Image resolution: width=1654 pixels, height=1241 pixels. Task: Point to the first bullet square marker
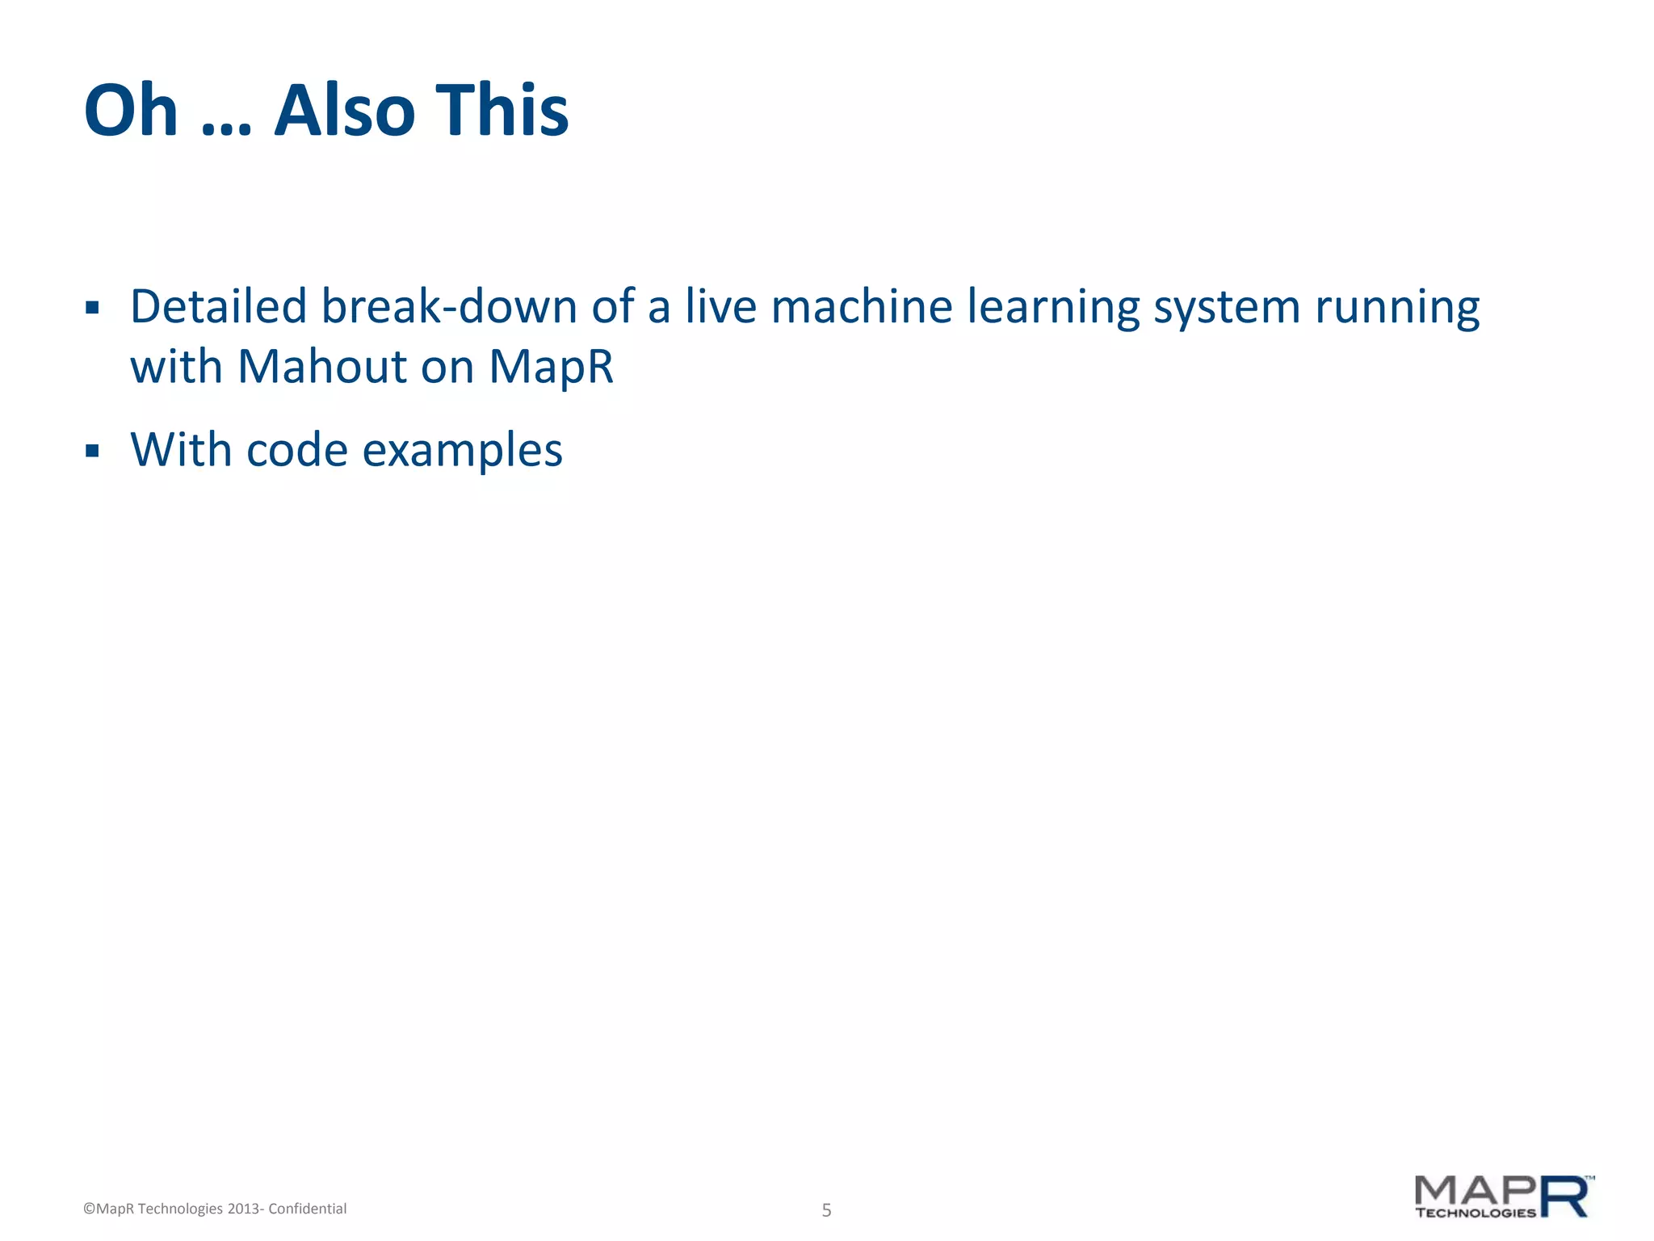[x=92, y=308]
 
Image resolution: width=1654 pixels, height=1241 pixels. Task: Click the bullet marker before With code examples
[x=92, y=451]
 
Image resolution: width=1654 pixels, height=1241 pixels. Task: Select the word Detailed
[x=218, y=307]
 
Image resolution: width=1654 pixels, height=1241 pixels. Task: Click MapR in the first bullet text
[x=552, y=368]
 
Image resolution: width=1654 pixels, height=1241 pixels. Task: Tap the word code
[x=296, y=450]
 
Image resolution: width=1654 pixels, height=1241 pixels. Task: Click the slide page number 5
[x=826, y=1209]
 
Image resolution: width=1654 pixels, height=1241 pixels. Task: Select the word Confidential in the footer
[x=307, y=1209]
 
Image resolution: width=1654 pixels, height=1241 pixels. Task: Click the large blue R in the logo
[x=1565, y=1197]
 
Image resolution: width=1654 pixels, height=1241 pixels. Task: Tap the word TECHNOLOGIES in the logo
[x=1475, y=1213]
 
